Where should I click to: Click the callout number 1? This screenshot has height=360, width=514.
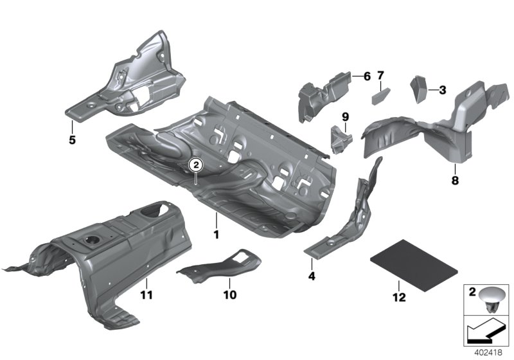[x=217, y=235]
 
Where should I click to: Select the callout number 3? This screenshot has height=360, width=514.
[x=442, y=91]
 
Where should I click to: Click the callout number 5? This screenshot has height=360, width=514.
[x=72, y=139]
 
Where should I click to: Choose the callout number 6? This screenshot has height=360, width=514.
[x=367, y=76]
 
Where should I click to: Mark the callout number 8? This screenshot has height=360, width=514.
[x=455, y=181]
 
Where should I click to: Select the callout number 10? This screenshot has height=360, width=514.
[x=229, y=295]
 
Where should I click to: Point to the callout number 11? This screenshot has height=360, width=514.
[x=146, y=295]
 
